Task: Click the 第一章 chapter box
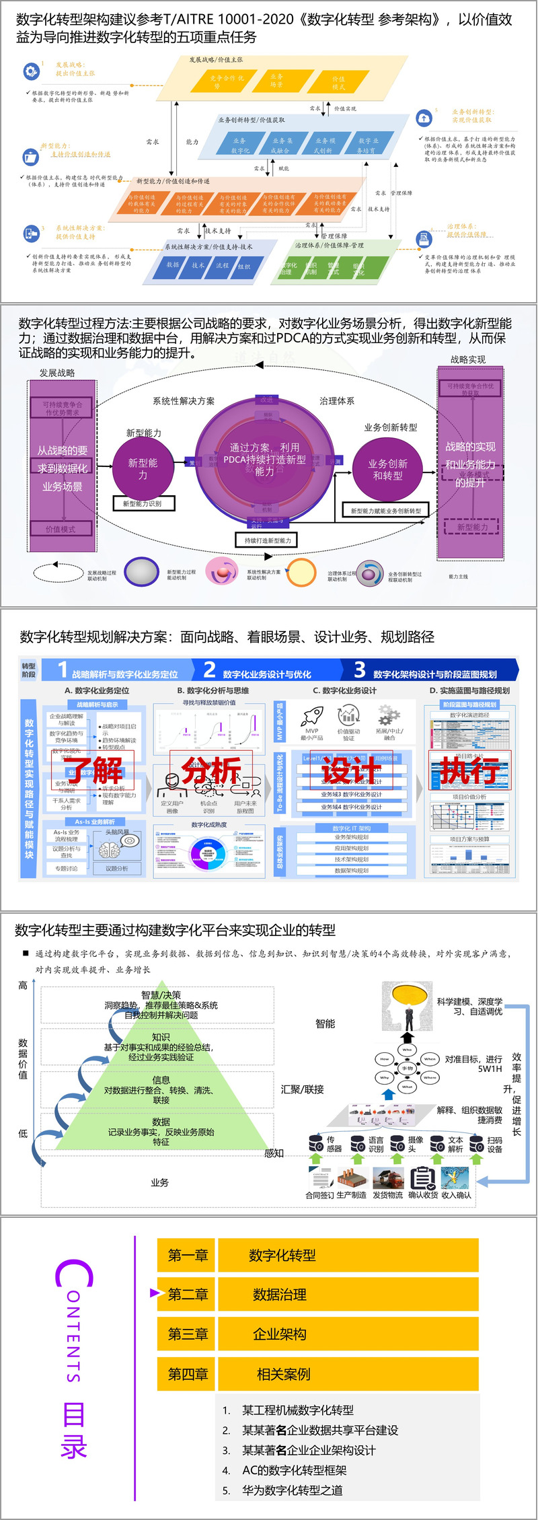coord(188,1255)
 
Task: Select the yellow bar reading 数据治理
coord(347,1294)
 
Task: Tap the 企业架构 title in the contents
coord(280,1334)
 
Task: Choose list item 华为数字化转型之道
coord(292,1490)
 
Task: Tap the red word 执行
coord(469,770)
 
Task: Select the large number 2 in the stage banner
coord(209,670)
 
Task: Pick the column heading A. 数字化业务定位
coord(97,690)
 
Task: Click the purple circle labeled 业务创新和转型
coord(387,469)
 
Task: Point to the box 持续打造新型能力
coord(268,540)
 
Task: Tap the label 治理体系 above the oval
coord(336,401)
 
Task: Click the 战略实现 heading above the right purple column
coord(468,360)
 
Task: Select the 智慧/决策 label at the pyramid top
coord(161,994)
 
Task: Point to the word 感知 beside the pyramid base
coord(274,1153)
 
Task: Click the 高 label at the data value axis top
coord(23,985)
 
